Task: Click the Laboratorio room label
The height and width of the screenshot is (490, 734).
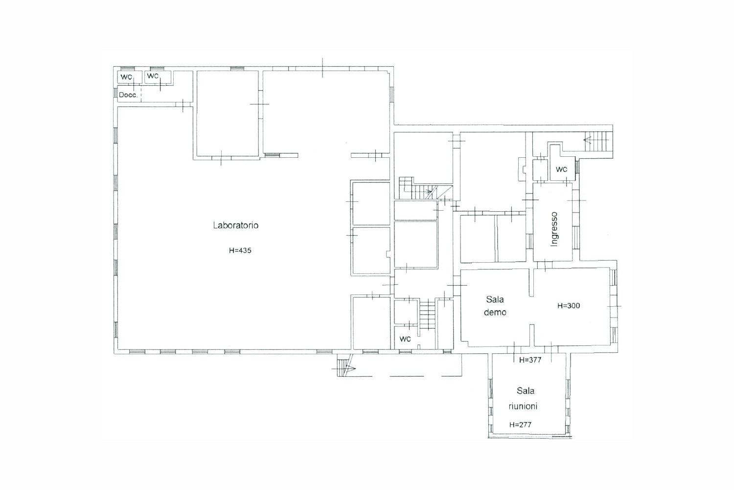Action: point(235,225)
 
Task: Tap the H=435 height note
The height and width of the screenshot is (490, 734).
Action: point(240,250)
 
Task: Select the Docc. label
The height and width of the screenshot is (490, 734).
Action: point(128,95)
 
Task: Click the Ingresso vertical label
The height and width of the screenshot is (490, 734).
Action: point(554,229)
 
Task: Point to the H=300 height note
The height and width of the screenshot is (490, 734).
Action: point(569,306)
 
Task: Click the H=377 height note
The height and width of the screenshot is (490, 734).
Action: point(530,360)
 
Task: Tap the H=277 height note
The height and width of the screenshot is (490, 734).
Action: point(520,425)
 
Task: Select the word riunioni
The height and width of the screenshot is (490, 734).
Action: point(523,406)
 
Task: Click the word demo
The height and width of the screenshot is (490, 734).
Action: point(495,313)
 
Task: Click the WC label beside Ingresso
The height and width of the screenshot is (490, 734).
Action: point(561,170)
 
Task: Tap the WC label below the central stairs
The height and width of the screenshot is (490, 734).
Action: point(405,339)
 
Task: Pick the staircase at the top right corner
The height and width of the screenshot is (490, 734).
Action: point(597,141)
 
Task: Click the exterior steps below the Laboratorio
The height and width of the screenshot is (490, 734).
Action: point(343,367)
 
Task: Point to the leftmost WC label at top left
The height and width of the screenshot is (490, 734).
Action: point(126,77)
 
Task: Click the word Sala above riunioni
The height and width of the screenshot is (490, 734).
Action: point(525,391)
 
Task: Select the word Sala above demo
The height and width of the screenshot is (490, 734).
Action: point(495,299)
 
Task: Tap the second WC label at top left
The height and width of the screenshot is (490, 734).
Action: point(153,76)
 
